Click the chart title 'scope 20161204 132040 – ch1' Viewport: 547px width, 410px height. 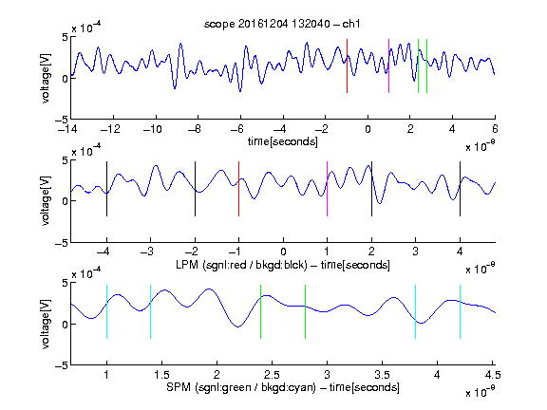282,24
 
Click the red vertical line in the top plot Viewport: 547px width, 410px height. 348,65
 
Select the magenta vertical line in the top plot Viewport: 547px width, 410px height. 389,65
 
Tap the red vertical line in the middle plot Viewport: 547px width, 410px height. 238,189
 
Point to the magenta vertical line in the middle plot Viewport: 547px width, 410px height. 327,189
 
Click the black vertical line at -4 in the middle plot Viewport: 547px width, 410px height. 106,189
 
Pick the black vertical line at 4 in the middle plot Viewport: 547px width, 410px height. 460,189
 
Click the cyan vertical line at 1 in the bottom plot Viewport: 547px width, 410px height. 106,311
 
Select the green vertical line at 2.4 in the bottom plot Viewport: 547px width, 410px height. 260,311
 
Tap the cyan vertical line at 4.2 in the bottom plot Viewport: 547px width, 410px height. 460,311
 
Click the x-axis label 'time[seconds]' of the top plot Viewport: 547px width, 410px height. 283,142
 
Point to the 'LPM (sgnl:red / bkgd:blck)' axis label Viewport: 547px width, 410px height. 241,265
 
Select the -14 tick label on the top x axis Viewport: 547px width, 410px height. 66,129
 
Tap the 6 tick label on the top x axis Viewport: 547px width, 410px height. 495,129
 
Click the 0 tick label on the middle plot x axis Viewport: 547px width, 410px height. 283,252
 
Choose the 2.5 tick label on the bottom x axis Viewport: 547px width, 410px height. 272,375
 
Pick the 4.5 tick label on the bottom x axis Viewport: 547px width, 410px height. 493,375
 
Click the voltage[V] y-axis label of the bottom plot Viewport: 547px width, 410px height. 46,324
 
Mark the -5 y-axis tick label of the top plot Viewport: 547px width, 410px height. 62,121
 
